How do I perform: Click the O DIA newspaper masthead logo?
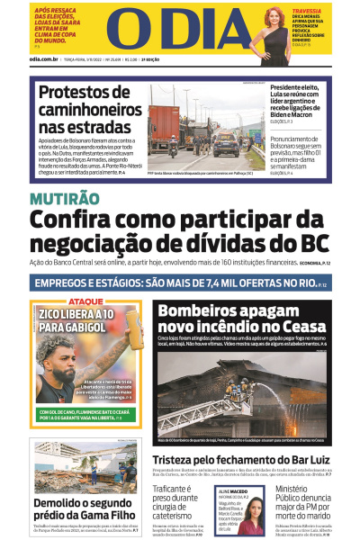click(180, 29)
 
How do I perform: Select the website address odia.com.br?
click(43, 60)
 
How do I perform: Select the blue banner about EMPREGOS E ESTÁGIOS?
click(180, 283)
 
